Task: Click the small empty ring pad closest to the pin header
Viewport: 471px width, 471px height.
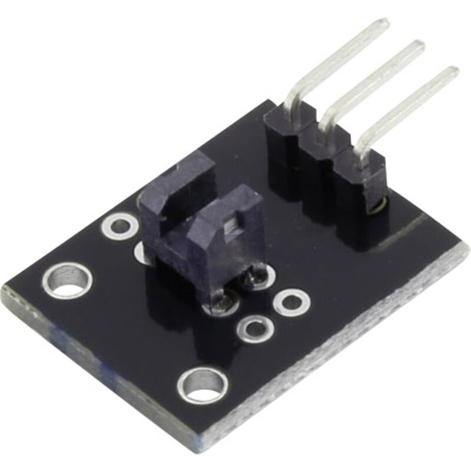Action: point(291,301)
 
